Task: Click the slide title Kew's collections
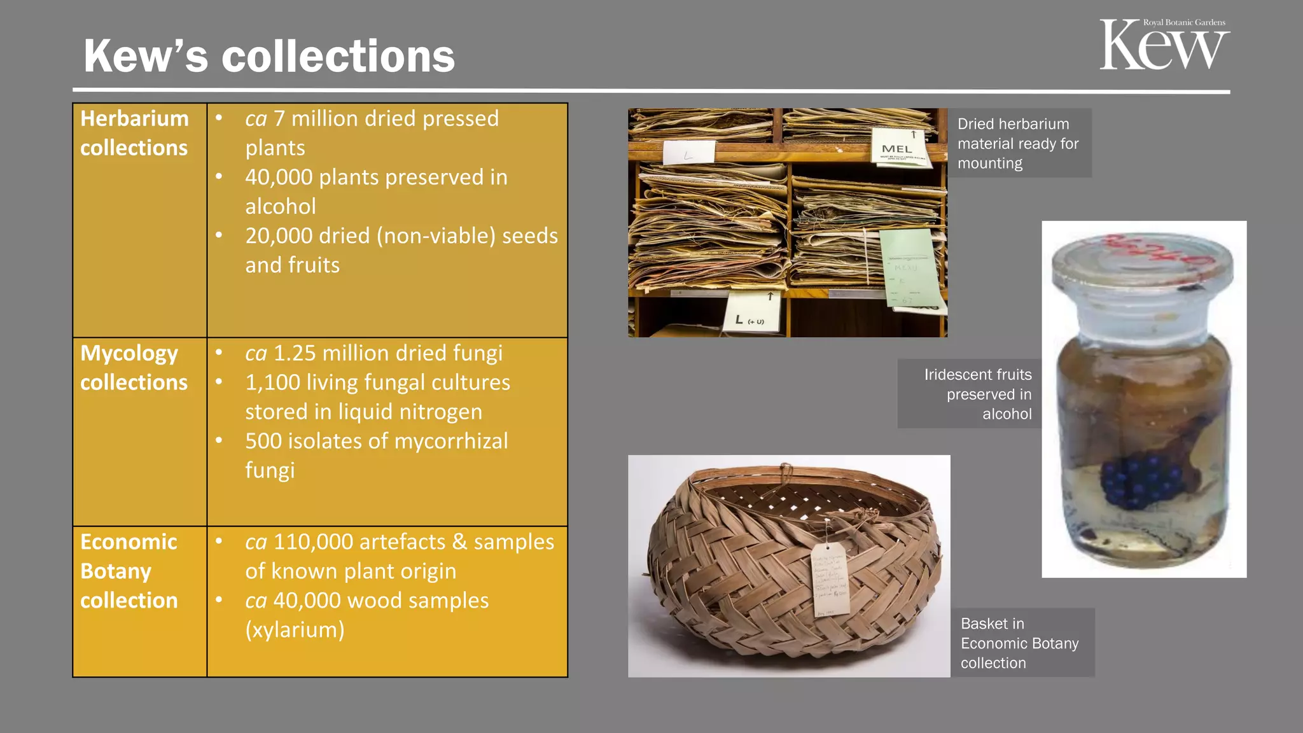click(269, 56)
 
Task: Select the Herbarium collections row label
click(134, 133)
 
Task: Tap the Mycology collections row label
click(134, 368)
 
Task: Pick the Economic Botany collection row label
click(129, 571)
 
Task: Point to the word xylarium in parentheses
click(295, 630)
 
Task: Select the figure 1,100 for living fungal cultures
click(272, 382)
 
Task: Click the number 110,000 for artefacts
click(312, 542)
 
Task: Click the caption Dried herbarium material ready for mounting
click(1018, 143)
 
